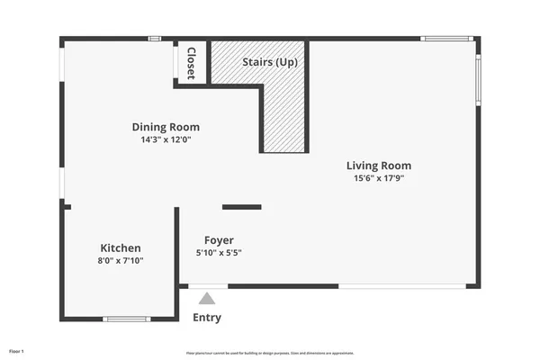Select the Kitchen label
coord(121,247)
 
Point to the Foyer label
coord(219,240)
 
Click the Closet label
coord(191,63)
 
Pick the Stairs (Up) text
coord(270,63)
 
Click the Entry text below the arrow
coord(207,318)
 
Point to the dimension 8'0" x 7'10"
coord(121,261)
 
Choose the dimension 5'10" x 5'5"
coord(219,253)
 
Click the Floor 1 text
coord(16,350)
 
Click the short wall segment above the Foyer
coord(241,207)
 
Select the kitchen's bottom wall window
coord(126,319)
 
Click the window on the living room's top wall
coord(446,38)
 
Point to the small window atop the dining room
coord(155,38)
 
